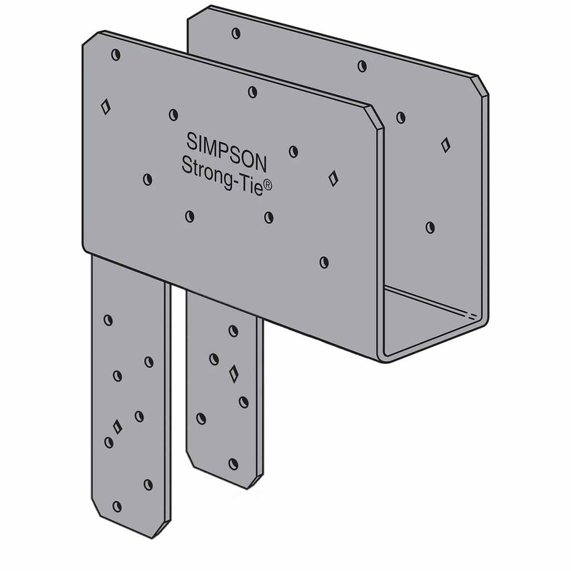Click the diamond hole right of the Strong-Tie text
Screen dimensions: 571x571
click(x=333, y=178)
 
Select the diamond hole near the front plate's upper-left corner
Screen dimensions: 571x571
click(x=106, y=107)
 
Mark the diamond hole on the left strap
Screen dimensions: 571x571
click(x=118, y=426)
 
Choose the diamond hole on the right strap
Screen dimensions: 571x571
click(x=233, y=372)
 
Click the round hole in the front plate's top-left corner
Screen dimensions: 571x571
click(x=116, y=55)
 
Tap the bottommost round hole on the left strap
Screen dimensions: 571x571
click(x=116, y=506)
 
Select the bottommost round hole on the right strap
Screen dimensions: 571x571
click(x=233, y=463)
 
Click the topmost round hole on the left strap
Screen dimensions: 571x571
click(x=108, y=320)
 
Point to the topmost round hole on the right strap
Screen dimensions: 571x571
click(x=233, y=330)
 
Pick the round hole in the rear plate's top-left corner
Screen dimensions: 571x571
click(x=236, y=33)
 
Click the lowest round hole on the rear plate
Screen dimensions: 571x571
click(x=430, y=227)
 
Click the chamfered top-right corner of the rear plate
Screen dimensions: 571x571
click(x=482, y=84)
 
